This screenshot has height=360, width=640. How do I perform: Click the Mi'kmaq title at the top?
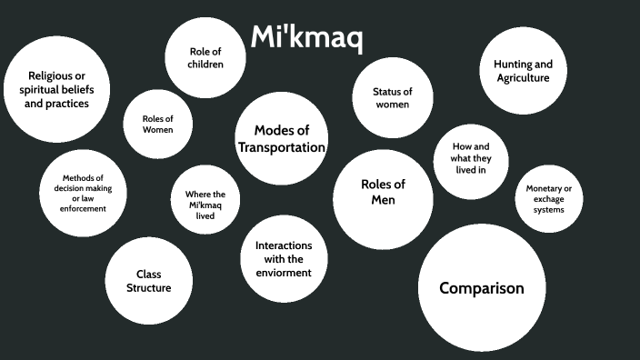tap(306, 37)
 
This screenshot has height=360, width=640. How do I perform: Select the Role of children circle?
tap(205, 58)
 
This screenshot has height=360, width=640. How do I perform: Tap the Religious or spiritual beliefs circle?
tap(56, 89)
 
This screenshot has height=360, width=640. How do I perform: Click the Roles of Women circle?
tap(157, 125)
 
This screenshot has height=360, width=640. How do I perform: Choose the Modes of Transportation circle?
tap(281, 138)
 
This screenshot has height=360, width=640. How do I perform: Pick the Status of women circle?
tap(392, 98)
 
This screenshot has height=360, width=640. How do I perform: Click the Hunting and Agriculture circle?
tap(523, 71)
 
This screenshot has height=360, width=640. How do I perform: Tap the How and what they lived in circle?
tap(470, 158)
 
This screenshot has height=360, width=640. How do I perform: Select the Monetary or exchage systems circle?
tap(549, 199)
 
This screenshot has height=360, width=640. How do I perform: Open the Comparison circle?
tap(481, 288)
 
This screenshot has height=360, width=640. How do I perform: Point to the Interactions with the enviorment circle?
tap(284, 259)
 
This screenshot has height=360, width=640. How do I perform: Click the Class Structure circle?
tap(149, 281)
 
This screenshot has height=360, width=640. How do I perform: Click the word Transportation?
tap(281, 147)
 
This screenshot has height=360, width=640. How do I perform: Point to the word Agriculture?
tap(523, 78)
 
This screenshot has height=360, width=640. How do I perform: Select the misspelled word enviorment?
tap(284, 272)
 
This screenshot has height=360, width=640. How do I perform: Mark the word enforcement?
tap(84, 208)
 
